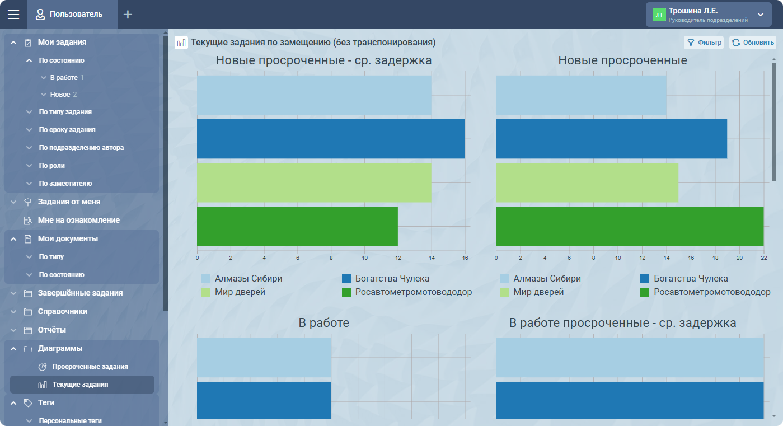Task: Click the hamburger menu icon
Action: tap(13, 15)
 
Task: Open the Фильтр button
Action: tap(704, 43)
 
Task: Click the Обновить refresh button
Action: tap(753, 43)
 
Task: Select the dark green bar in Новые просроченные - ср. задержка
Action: tap(297, 226)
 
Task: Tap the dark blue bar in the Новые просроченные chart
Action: tap(611, 139)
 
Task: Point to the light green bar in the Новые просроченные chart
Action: tap(587, 182)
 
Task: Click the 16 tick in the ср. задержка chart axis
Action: tap(465, 258)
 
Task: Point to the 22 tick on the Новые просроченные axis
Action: tap(763, 258)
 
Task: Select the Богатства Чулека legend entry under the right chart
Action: tap(691, 278)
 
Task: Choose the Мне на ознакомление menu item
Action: tap(78, 221)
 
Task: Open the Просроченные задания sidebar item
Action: tap(90, 367)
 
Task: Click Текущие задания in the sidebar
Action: tap(80, 385)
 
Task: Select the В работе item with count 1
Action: tap(64, 78)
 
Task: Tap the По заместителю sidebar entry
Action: tap(65, 184)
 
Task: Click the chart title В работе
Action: tap(323, 323)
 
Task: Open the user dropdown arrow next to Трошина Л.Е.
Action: tap(760, 15)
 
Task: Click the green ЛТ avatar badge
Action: tap(659, 15)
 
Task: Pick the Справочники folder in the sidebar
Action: tap(62, 311)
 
